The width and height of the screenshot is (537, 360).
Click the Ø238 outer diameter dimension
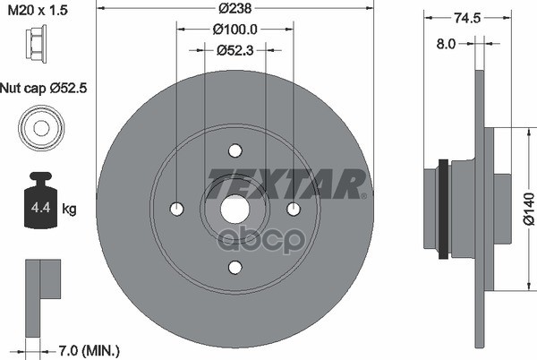point(234,10)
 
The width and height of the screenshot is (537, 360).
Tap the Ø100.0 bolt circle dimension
point(234,30)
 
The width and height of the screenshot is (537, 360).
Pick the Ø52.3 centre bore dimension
point(234,50)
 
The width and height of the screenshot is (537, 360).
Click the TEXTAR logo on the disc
point(286,184)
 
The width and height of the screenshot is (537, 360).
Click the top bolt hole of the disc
point(235,150)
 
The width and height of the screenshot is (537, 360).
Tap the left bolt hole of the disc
point(177,209)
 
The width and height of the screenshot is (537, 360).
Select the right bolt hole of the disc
point(294,209)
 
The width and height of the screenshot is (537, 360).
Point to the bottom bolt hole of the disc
point(235,267)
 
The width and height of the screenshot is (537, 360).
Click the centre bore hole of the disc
point(235,209)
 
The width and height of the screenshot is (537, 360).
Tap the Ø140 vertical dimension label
point(528,209)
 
